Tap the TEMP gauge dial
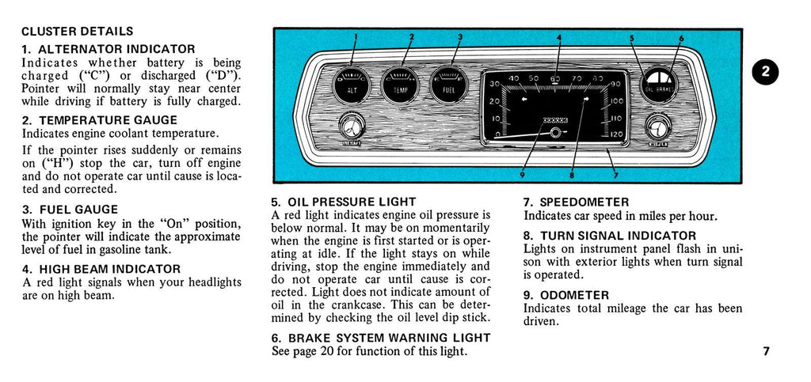[x=401, y=85]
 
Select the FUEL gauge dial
[x=449, y=85]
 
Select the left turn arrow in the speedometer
[x=524, y=100]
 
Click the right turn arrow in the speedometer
[x=587, y=100]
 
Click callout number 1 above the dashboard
[x=356, y=37]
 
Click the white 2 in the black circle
[x=765, y=71]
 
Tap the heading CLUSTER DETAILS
[x=77, y=32]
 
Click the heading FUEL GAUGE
[x=70, y=210]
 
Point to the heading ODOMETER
[x=566, y=295]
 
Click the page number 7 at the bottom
[x=766, y=351]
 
